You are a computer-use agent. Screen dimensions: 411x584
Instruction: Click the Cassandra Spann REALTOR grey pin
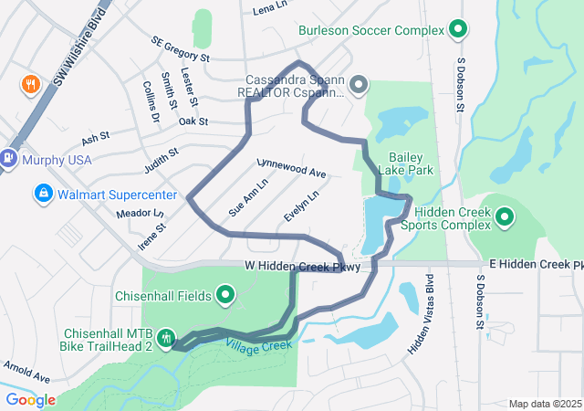[359, 86]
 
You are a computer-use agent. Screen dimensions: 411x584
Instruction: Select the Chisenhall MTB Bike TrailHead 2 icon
[165, 338]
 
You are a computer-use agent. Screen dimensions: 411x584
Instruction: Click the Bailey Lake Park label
[411, 163]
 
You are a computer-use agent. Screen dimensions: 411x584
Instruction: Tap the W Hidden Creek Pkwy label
[302, 266]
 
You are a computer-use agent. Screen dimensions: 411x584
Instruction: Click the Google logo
[30, 400]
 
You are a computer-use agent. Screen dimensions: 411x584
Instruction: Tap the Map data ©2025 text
[545, 404]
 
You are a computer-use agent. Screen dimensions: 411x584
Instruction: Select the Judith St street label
[160, 162]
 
